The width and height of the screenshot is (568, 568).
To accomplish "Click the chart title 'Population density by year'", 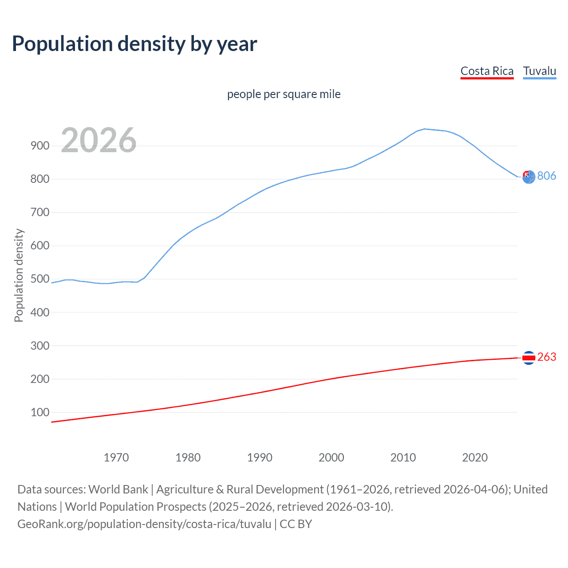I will [x=134, y=44].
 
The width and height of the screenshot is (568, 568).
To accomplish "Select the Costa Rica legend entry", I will [x=487, y=71].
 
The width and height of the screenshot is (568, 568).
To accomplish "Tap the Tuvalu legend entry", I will [x=539, y=71].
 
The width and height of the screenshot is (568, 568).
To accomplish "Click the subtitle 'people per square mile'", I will [x=284, y=94].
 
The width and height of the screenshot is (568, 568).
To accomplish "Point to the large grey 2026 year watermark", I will [x=99, y=140].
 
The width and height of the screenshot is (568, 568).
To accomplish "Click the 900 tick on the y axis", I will [x=40, y=146].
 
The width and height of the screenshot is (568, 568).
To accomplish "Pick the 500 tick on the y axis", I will [x=40, y=279].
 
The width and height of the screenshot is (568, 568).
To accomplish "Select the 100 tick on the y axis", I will [x=40, y=412].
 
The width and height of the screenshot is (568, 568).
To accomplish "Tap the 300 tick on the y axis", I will [x=40, y=345].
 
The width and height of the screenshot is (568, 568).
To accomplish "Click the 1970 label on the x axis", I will [x=116, y=458].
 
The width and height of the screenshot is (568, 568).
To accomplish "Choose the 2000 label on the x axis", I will [x=331, y=458].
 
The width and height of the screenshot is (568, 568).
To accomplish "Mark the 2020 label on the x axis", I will [x=475, y=458].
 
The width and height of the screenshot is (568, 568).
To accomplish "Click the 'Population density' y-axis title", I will [x=19, y=275].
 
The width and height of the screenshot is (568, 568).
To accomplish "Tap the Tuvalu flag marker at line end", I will [x=529, y=177].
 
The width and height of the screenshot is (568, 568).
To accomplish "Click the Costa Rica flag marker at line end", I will [x=529, y=357].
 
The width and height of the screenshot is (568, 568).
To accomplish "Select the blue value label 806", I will [x=547, y=176].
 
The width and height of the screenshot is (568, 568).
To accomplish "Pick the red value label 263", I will [x=547, y=357].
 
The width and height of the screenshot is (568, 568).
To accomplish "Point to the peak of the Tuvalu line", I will [x=425, y=129].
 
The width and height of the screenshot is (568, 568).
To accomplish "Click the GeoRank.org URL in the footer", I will [x=144, y=524].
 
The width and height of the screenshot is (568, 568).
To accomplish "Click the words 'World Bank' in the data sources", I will [x=118, y=489].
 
